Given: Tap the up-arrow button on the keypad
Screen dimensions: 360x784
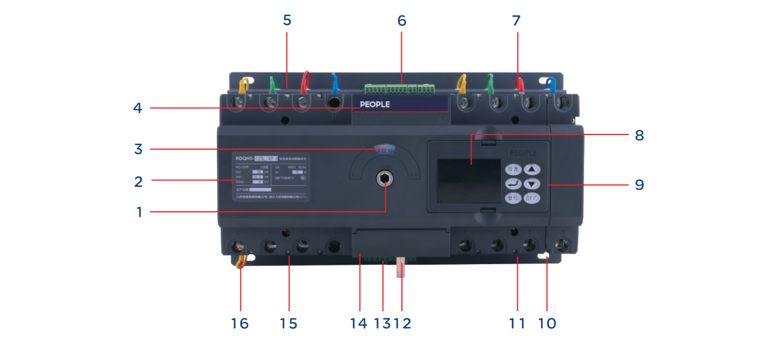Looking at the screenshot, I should [x=532, y=169].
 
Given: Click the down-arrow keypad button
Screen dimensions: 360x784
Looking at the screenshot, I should [x=532, y=184].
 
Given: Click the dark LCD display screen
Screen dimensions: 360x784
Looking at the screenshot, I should [x=468, y=179].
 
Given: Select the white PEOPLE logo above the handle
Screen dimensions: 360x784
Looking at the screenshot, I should [x=375, y=104].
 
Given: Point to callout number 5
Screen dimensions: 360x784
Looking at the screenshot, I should [x=287, y=20].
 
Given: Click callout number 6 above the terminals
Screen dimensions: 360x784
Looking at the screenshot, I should [x=402, y=20].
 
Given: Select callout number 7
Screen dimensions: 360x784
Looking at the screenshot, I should [x=516, y=20].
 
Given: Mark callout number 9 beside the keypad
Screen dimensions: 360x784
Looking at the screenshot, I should [x=639, y=184].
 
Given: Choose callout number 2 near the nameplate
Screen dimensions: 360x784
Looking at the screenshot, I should [x=138, y=181].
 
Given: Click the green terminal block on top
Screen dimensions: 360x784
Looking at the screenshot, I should [x=399, y=89].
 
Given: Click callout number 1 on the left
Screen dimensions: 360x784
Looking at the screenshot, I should [x=139, y=212].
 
